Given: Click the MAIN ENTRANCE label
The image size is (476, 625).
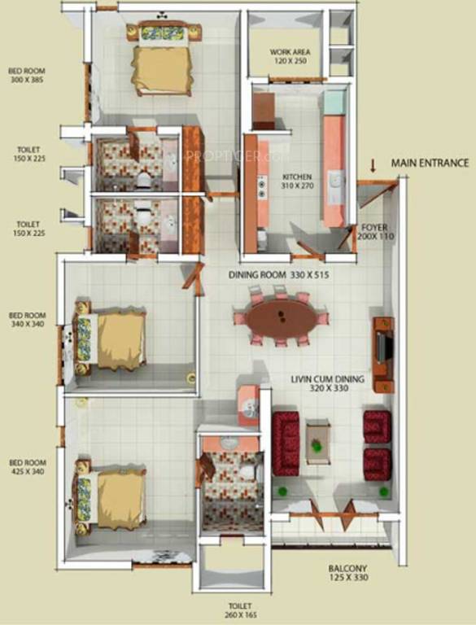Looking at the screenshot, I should (x=430, y=163).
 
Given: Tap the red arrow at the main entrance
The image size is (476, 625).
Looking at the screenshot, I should (x=373, y=166).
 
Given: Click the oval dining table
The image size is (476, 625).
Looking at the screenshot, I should (x=282, y=318).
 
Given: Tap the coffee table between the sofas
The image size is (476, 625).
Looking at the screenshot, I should (x=317, y=440).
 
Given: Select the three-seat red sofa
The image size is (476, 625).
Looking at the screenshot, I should (x=286, y=444).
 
